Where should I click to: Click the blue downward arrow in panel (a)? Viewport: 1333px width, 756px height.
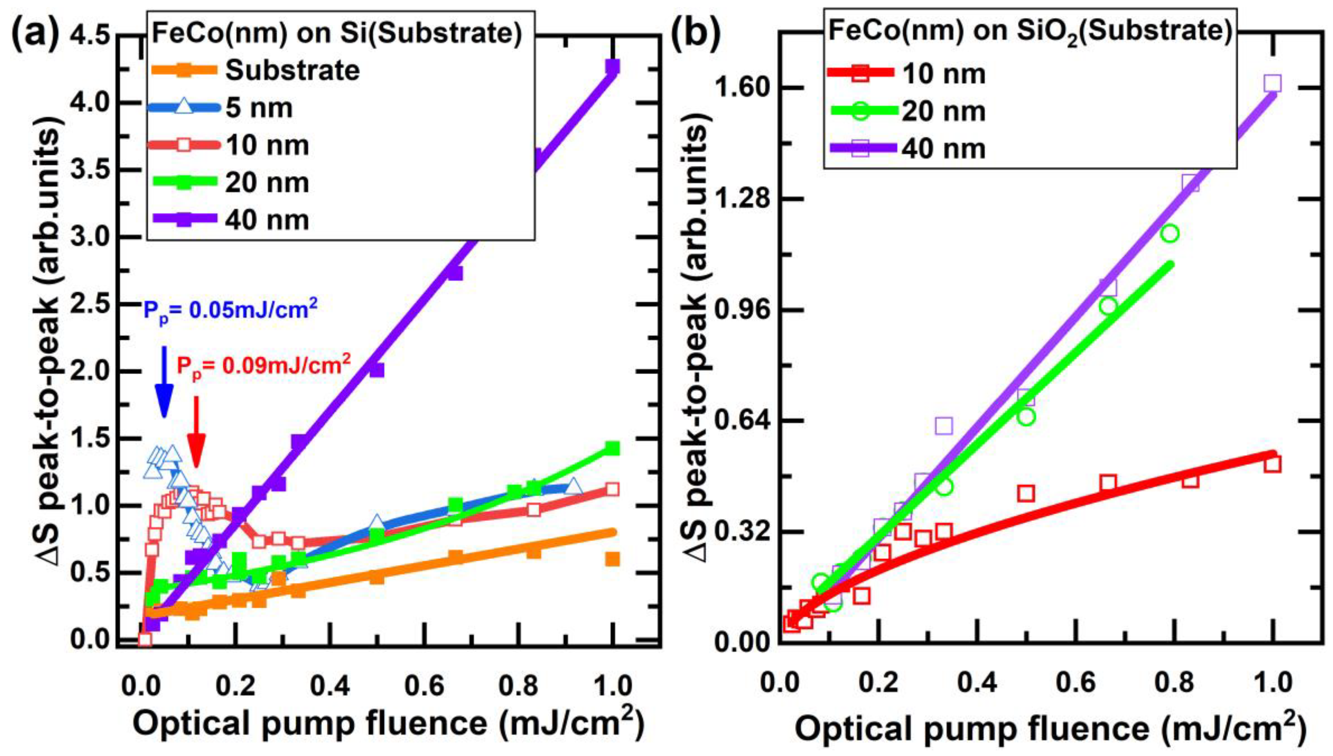pyautogui.click(x=163, y=381)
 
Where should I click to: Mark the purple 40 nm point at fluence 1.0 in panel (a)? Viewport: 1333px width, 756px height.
pyautogui.click(x=612, y=67)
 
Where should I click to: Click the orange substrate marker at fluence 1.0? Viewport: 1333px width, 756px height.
pyautogui.click(x=612, y=559)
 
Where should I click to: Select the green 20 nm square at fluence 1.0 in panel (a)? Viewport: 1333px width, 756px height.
pyautogui.click(x=612, y=448)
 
